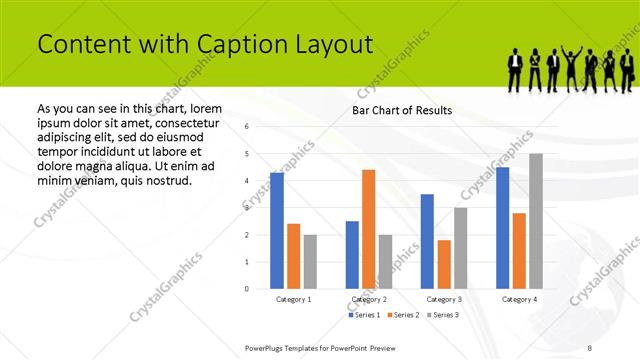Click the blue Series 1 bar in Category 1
[277, 231]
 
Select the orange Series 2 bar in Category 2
[369, 229]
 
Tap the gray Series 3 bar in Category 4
[536, 221]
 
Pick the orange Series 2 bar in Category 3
[444, 264]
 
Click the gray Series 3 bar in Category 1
[310, 262]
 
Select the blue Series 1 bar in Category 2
[352, 255]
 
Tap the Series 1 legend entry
[364, 315]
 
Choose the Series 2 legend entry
[402, 315]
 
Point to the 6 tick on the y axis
[247, 126]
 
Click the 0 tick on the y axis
[247, 289]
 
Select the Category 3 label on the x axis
[444, 299]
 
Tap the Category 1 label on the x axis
[293, 299]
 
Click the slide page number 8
[590, 347]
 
